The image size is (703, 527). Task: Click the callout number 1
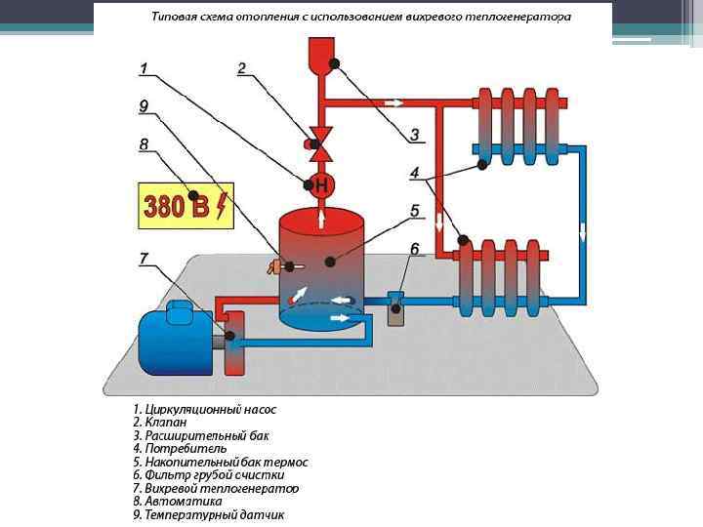[144, 68]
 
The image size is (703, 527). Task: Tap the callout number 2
[241, 68]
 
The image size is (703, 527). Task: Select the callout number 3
[414, 134]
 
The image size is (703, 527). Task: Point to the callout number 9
[144, 105]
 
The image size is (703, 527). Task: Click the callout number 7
[144, 259]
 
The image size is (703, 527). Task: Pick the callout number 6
[414, 250]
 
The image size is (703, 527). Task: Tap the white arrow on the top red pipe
[393, 101]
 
